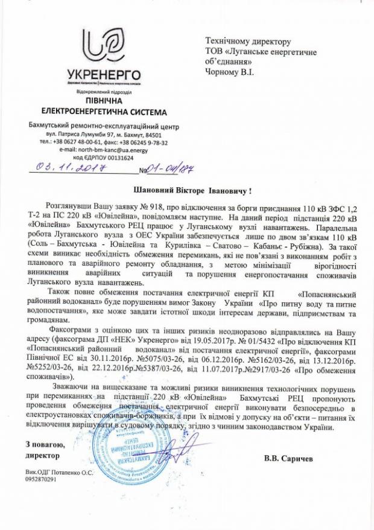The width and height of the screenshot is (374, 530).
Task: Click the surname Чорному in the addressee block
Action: (225, 72)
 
